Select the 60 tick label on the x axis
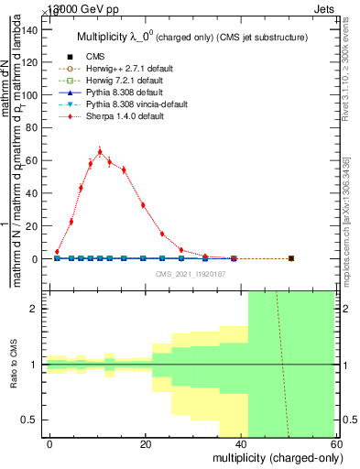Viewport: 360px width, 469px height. pyautogui.click(x=338, y=443)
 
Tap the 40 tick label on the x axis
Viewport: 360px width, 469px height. pyautogui.click(x=242, y=443)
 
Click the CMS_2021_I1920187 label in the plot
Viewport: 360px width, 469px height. pyautogui.click(x=190, y=274)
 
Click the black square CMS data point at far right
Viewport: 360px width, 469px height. pyautogui.click(x=290, y=258)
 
